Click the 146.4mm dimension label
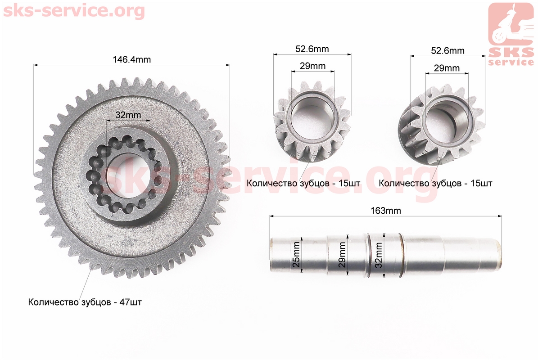coord(132,60)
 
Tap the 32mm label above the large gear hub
coord(128,115)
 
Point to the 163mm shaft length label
coord(386,211)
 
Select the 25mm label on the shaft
coord(296,254)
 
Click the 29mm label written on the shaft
coord(342,254)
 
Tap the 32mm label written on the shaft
coord(379,255)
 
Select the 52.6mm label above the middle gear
coord(312,49)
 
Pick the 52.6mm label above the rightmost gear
coord(448,51)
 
